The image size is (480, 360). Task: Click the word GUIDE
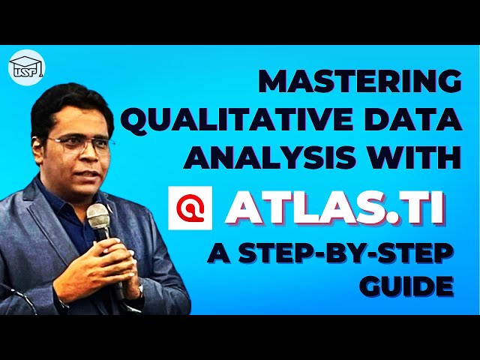point(412,286)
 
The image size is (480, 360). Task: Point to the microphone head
point(98,217)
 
